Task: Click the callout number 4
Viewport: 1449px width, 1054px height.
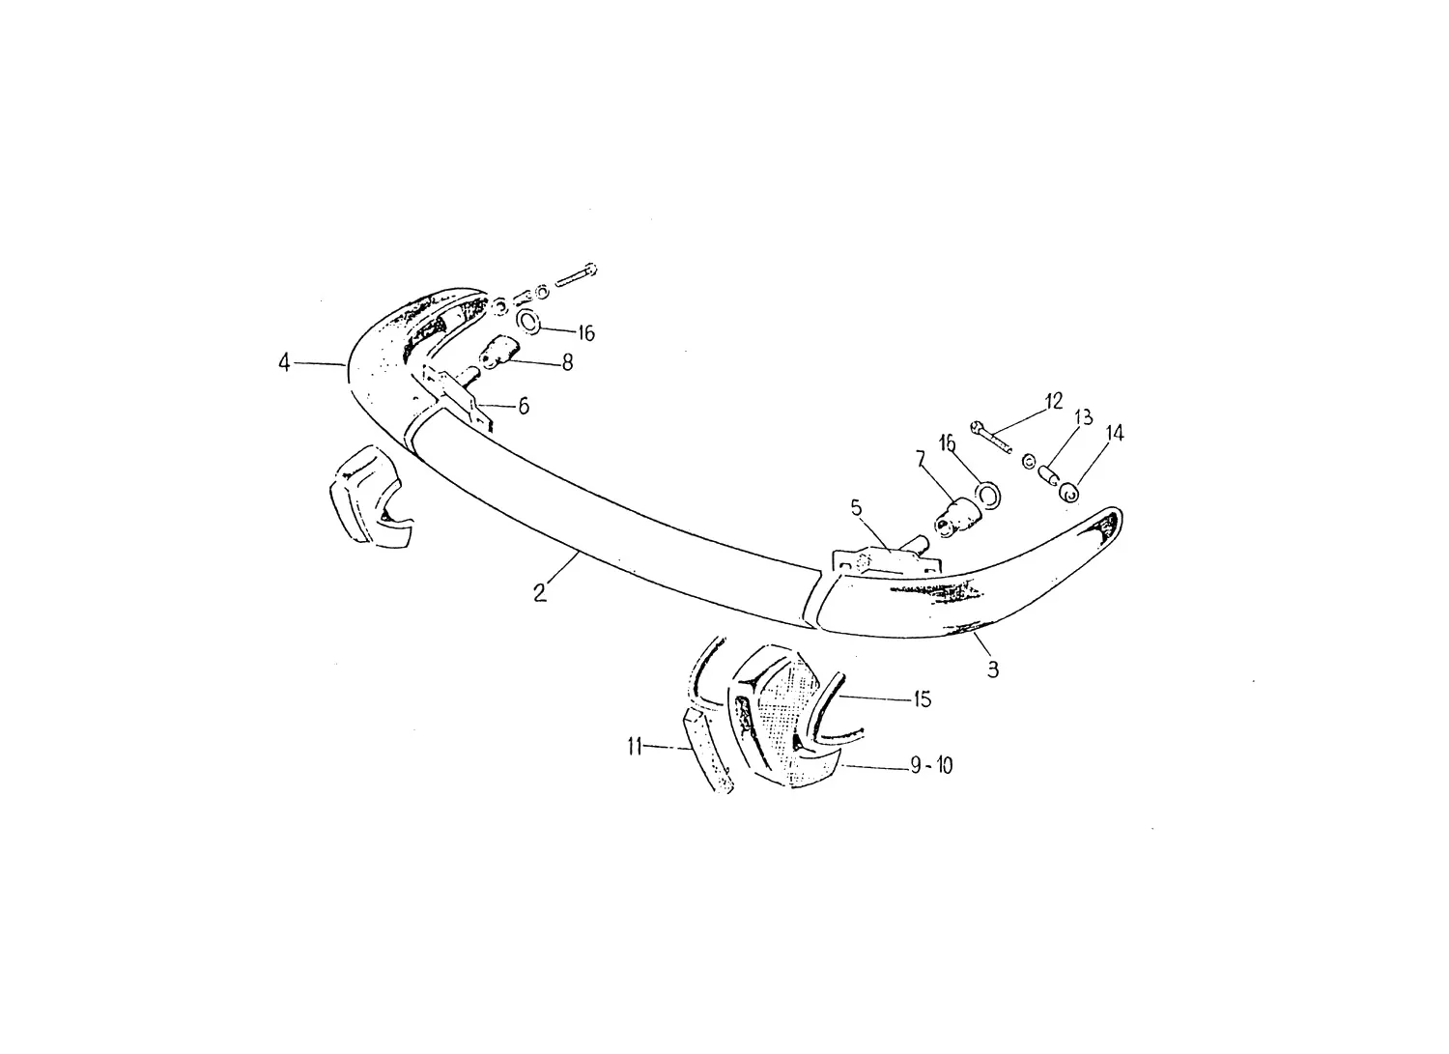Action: coord(284,363)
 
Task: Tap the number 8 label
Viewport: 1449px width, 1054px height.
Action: coord(567,363)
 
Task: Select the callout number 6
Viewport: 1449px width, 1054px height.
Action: coord(524,407)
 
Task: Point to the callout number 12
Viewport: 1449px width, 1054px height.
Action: coord(1054,402)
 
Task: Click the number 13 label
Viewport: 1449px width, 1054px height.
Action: coord(1084,417)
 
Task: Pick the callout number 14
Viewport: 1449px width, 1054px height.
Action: coord(1115,433)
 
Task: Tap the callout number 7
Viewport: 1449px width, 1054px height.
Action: coord(921,460)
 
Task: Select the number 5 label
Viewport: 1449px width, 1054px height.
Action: coord(857,508)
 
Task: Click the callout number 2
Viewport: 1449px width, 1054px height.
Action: coord(539,592)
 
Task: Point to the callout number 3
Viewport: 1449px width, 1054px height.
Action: coord(993,669)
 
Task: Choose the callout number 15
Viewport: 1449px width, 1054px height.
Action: coord(922,698)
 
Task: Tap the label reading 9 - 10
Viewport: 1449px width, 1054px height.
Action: coord(931,766)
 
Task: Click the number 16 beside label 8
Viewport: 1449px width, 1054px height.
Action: coord(585,333)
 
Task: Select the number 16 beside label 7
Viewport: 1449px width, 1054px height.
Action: coord(947,443)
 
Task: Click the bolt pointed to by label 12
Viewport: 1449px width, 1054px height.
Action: coord(991,438)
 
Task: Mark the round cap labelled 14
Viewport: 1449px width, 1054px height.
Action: coord(1069,495)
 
